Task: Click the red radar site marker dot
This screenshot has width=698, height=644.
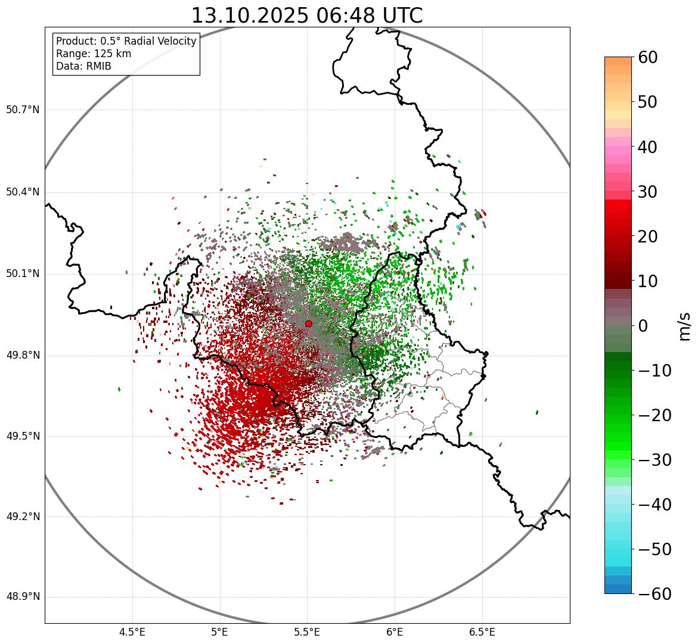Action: tap(308, 323)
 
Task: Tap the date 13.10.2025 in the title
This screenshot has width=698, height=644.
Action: tap(250, 15)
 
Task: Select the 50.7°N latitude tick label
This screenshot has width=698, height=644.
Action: tap(22, 110)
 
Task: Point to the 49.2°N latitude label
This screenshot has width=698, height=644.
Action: tap(22, 517)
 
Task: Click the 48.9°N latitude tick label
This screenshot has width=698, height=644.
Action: tap(22, 597)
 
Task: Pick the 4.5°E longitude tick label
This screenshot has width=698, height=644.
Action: tap(132, 631)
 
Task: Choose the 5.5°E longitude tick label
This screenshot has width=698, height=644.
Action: tap(307, 631)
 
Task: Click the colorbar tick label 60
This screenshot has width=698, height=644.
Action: tap(648, 58)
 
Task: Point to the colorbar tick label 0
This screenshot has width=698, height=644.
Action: tap(643, 326)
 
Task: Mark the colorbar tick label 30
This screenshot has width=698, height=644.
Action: tap(648, 192)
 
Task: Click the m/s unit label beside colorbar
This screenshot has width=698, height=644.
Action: tap(685, 326)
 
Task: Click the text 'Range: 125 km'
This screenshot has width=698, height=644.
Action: tap(94, 54)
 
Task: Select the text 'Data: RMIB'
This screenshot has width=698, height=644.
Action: tap(83, 66)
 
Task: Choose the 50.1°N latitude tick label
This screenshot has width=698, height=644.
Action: tap(22, 274)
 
